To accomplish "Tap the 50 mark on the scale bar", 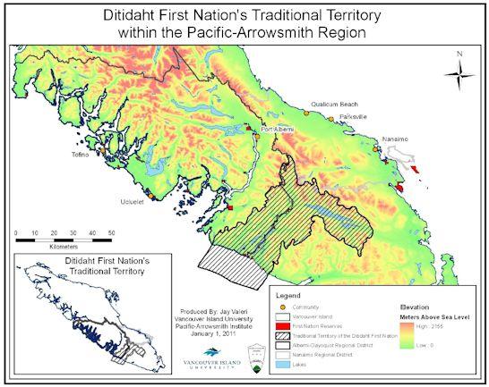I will pos(113,231).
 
